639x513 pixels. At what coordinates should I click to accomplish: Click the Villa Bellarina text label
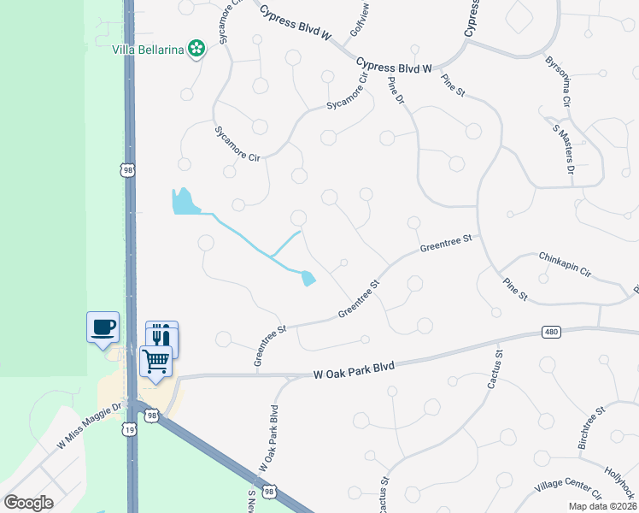click(x=149, y=48)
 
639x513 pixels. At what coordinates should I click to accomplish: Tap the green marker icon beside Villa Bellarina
click(x=197, y=48)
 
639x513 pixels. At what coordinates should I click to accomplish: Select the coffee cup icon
click(x=103, y=327)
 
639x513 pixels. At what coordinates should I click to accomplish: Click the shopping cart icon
click(x=156, y=362)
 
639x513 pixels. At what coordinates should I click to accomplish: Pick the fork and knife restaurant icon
click(x=161, y=336)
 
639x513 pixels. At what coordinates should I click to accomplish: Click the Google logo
click(x=28, y=503)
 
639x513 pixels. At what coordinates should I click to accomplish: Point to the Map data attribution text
click(x=602, y=506)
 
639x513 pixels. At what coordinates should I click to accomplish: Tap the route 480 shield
click(x=552, y=332)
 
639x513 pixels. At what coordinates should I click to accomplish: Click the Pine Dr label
click(x=395, y=92)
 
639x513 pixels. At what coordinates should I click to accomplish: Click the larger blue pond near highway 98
click(x=182, y=202)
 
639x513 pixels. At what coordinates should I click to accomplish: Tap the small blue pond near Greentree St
click(x=308, y=278)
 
